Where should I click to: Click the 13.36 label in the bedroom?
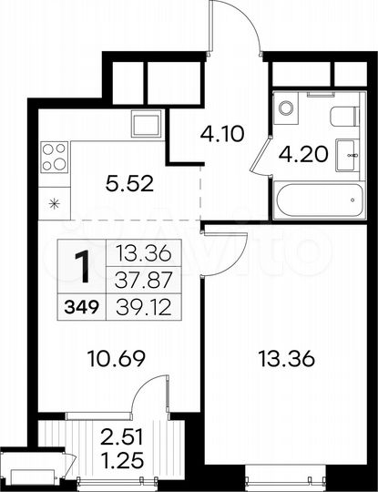pos(288,358)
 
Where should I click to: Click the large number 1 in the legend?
pos(81,268)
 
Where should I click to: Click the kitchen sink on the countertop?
pos(147,122)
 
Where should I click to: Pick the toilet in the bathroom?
pos(343,116)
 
